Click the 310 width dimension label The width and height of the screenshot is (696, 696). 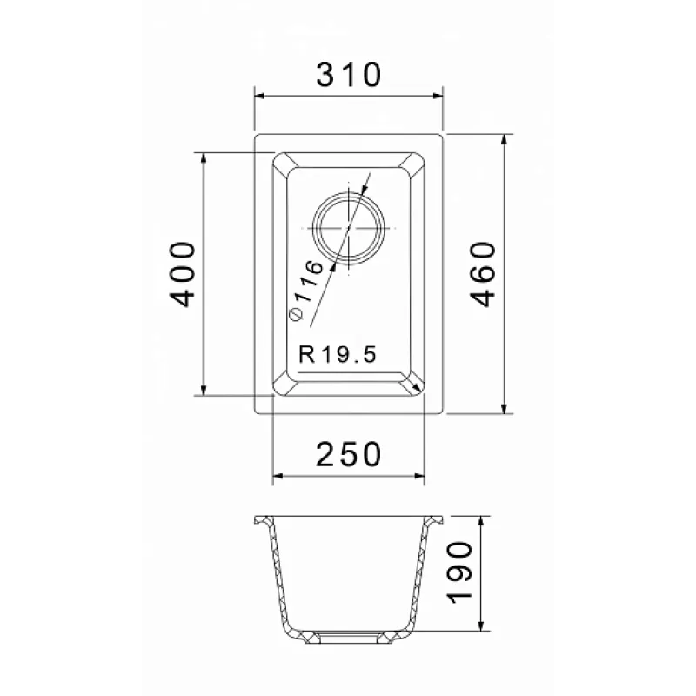point(349,75)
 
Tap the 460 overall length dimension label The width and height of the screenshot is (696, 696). point(483,274)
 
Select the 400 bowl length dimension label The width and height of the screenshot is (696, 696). point(183,274)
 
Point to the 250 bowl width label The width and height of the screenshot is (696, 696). point(349,454)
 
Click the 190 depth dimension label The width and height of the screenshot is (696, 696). point(460,572)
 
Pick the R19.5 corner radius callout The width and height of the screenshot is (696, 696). point(338,354)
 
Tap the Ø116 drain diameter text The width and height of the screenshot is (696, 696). point(306,290)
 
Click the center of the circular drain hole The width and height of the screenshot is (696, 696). point(349,228)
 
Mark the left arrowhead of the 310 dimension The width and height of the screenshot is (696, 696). point(259,96)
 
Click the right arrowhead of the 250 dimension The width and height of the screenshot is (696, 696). point(419,476)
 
